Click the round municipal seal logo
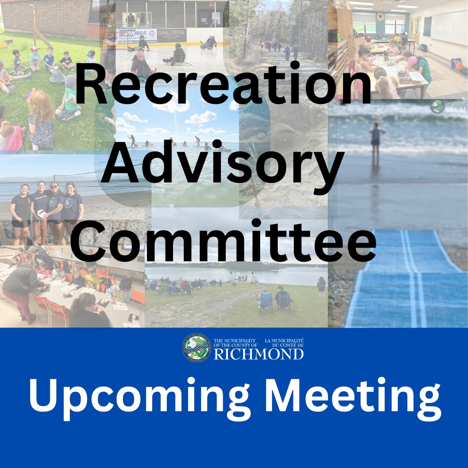coord(197,348)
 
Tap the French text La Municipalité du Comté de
coord(284,343)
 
